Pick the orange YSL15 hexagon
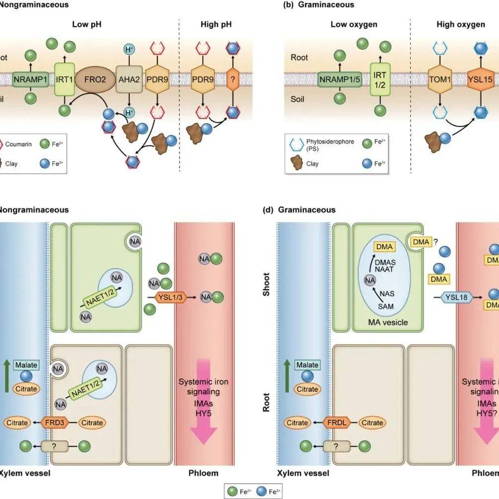point(480,79)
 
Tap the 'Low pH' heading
point(87,24)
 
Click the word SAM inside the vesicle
point(386,306)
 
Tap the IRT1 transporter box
point(63,79)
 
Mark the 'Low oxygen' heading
point(354,24)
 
